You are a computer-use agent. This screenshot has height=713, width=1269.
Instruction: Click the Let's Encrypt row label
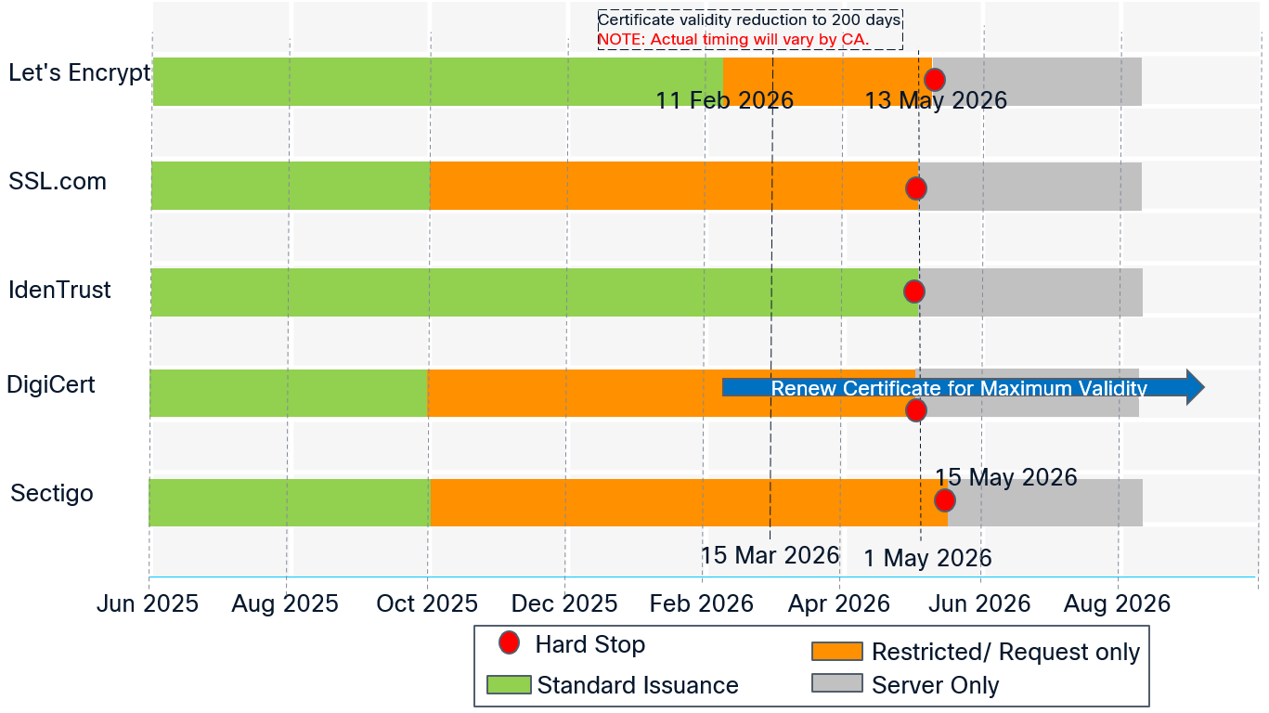[x=79, y=73]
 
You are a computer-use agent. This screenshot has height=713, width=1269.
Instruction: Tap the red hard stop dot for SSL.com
[x=916, y=188]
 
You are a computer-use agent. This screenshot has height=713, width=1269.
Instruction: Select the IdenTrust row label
[x=59, y=291]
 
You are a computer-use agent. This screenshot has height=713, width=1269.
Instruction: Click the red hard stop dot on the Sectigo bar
[x=944, y=500]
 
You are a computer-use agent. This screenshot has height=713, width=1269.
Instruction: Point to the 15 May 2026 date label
[x=1005, y=477]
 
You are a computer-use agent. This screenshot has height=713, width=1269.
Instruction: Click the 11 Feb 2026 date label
[x=724, y=100]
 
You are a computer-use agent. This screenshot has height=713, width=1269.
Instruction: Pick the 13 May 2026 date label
[x=936, y=100]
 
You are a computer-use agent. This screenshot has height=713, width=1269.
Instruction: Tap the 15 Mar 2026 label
[x=770, y=555]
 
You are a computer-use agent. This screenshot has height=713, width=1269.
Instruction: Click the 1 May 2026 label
[x=927, y=558]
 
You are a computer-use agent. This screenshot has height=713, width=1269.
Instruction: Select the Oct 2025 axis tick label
[x=427, y=604]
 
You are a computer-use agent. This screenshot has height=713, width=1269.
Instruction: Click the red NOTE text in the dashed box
[x=733, y=39]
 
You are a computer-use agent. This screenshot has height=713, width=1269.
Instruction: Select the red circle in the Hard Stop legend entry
[x=509, y=642]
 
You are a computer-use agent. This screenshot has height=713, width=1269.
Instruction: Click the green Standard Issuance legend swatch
[x=509, y=685]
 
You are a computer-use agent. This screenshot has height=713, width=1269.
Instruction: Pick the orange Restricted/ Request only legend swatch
[x=836, y=652]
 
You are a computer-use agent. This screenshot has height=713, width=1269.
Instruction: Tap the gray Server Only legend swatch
[x=836, y=683]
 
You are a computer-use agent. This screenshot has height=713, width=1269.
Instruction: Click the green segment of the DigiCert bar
[x=288, y=393]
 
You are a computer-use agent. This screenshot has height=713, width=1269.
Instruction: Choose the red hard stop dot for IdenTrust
[x=914, y=292]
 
